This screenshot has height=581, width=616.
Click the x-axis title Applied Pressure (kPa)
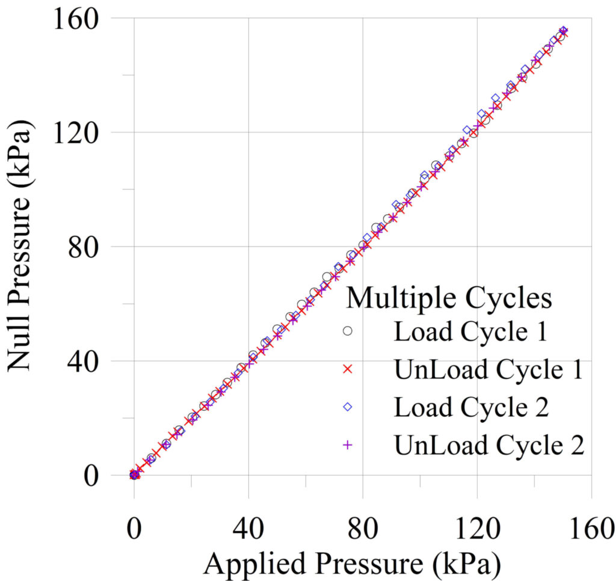point(353,564)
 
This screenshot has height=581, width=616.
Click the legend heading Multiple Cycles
point(450,298)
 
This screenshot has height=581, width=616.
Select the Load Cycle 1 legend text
point(470,332)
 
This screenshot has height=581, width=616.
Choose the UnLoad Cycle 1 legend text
point(488,369)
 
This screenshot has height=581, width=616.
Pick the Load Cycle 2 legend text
point(471,407)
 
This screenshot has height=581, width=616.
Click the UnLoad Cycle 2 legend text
point(489,445)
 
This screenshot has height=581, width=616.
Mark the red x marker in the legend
point(347,370)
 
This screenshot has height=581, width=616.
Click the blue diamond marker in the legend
point(347,408)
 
